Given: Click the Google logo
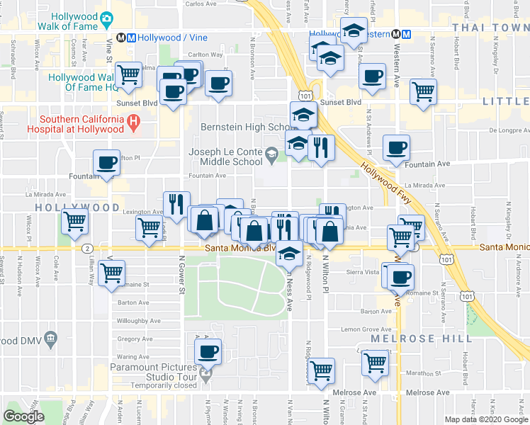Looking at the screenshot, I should (23, 416).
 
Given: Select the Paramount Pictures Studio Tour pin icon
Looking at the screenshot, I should (206, 375).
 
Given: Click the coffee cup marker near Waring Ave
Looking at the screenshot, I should (208, 351).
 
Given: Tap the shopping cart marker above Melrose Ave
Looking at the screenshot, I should (322, 369).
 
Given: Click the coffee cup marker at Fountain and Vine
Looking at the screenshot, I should (107, 163).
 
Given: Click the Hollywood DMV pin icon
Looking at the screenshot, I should (50, 340).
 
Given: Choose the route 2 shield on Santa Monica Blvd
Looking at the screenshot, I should (86, 248).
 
